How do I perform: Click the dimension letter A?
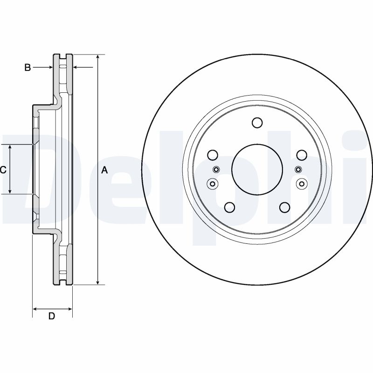tap(104, 170)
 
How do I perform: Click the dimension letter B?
tap(28, 68)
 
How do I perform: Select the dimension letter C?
tap(3, 170)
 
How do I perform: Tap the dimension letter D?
tap(52, 316)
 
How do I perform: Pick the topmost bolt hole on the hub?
tap(256, 123)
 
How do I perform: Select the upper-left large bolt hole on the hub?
tap(213, 155)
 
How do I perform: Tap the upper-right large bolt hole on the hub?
tap(301, 155)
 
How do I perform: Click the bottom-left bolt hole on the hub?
tap(229, 207)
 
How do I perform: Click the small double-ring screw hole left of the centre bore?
tap(212, 183)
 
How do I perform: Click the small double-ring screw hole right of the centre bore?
tap(301, 183)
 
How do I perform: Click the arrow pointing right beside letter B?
tap(50, 68)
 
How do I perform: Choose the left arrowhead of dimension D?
tap(35, 308)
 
